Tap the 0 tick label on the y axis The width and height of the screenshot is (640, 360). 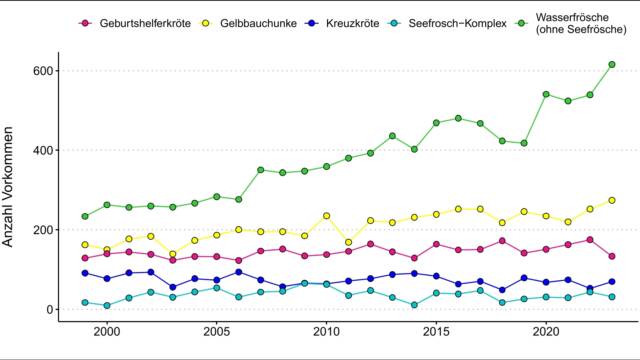tap(47, 310)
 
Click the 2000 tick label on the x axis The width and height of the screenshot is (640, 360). tap(107, 330)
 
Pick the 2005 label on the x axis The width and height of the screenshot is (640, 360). tap(216, 330)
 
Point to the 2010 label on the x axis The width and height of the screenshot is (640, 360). tap(326, 330)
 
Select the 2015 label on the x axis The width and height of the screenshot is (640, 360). tap(436, 330)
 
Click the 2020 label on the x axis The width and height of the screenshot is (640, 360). tap(546, 330)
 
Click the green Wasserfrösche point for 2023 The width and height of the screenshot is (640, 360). tap(612, 64)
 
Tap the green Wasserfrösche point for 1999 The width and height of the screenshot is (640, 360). tap(85, 216)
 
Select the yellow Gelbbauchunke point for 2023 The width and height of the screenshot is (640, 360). tap(612, 200)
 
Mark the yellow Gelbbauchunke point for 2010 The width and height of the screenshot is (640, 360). tap(326, 216)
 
